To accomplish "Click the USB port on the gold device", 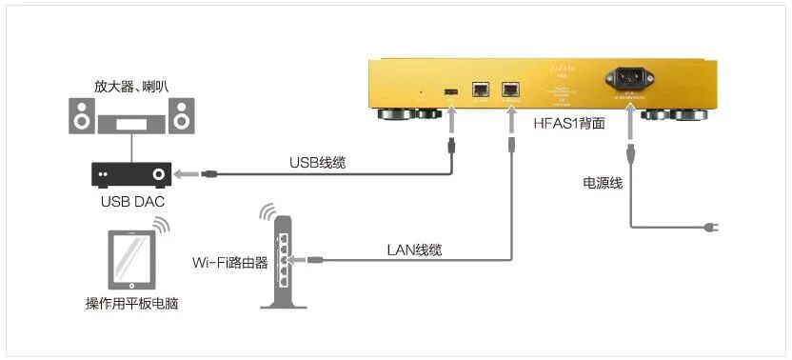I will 449,90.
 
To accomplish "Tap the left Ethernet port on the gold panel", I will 481,89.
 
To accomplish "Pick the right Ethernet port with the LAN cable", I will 510,89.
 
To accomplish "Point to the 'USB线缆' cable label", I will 317,163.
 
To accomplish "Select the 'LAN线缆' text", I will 414,250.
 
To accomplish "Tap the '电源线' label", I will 603,182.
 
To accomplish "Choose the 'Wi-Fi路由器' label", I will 229,259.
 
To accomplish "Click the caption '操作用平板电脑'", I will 131,305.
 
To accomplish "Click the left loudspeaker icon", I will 82,117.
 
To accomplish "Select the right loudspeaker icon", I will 180,117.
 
